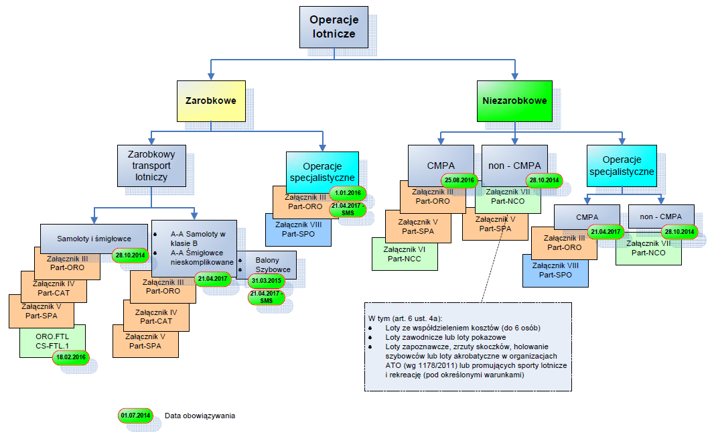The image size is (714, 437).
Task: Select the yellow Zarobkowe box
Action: coord(211,101)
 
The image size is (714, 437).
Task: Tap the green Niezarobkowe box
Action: coord(514,101)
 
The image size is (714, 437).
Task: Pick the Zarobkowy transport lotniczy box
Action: coord(151,166)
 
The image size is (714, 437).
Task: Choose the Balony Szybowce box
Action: coord(267,263)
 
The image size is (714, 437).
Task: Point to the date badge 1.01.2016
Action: coord(348,193)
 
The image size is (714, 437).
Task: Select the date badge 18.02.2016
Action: coord(70,357)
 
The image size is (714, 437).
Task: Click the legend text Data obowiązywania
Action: coord(200,416)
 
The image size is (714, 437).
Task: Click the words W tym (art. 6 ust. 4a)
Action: coord(404,317)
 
